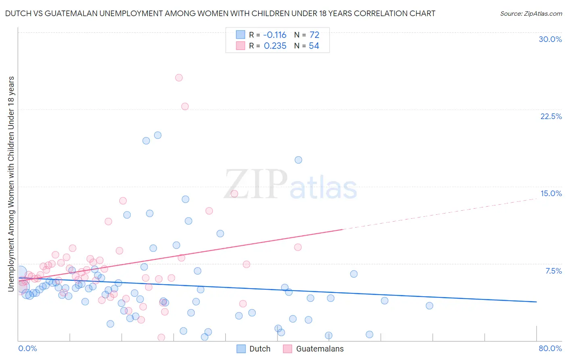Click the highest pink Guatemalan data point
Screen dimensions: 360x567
click(x=179, y=77)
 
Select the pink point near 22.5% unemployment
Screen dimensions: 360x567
click(x=185, y=107)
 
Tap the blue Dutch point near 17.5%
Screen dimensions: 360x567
click(x=298, y=160)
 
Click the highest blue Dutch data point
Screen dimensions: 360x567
click(x=158, y=135)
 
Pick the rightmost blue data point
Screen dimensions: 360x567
click(x=429, y=306)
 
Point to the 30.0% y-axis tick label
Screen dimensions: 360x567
click(x=550, y=39)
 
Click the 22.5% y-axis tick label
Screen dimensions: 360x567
click(x=550, y=116)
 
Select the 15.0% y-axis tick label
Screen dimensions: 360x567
click(x=550, y=193)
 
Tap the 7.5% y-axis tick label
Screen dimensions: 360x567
click(x=553, y=271)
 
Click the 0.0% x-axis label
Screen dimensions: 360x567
click(x=27, y=348)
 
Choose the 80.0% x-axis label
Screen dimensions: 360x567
click(x=550, y=348)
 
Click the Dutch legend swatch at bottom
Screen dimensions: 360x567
click(x=241, y=349)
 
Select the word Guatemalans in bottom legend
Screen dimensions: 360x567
click(x=320, y=349)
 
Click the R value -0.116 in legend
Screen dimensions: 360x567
click(x=275, y=35)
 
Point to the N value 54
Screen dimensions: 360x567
click(x=314, y=46)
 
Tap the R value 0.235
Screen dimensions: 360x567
click(x=275, y=46)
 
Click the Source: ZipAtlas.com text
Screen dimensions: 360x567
click(x=531, y=13)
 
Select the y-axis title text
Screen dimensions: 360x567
click(x=11, y=184)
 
